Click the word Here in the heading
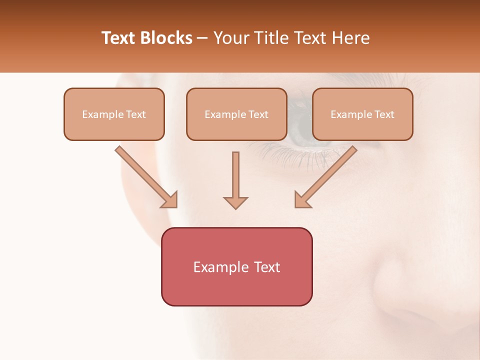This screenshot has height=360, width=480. tap(350, 38)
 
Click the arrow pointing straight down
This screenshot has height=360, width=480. tap(235, 177)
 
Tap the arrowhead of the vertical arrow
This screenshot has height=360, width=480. tap(235, 202)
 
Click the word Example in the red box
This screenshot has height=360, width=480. tap(217, 267)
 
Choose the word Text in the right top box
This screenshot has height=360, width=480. tap(384, 114)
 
